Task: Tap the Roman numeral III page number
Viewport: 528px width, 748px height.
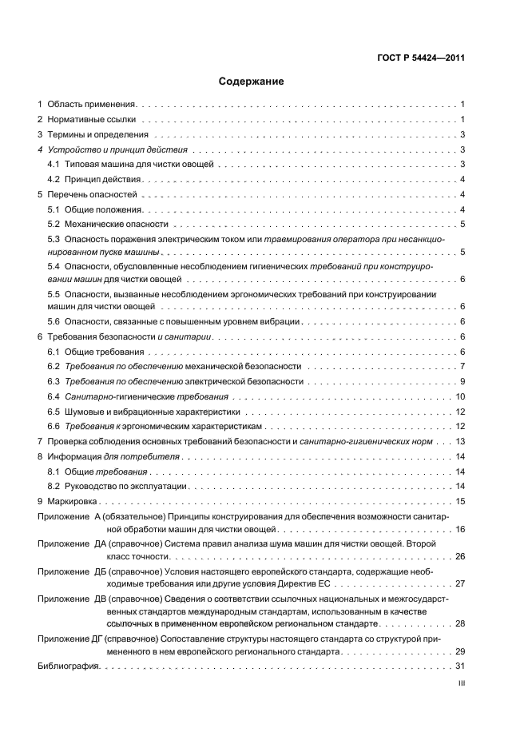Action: point(460,683)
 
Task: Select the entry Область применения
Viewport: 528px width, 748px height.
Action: point(93,104)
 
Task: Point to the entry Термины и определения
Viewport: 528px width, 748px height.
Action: point(97,134)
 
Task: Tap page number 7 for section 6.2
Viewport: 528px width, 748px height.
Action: point(462,366)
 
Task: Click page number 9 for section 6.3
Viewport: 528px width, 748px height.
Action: point(462,381)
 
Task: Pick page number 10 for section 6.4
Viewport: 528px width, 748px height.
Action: point(460,396)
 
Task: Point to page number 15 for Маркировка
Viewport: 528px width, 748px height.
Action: point(460,501)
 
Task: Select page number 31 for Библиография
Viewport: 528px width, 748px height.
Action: point(460,666)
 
